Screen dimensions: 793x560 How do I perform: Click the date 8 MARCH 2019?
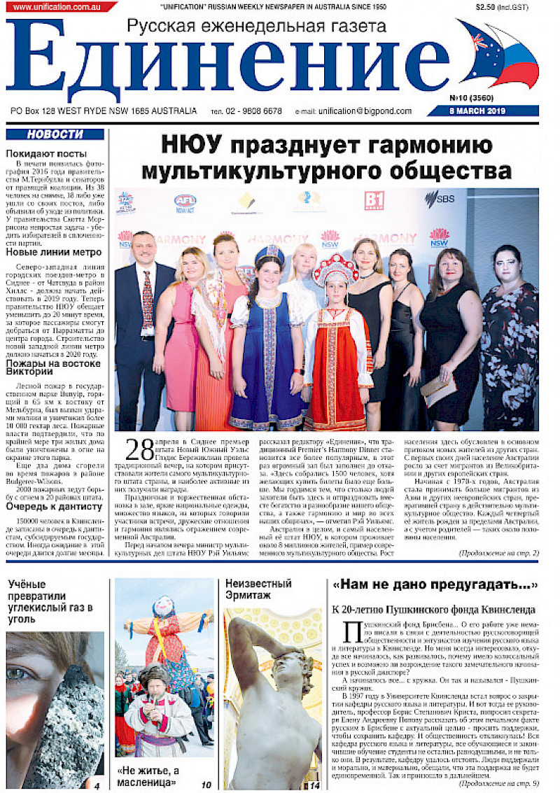point(482,111)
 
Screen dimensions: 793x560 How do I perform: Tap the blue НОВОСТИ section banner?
point(55,134)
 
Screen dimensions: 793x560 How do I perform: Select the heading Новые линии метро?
point(53,253)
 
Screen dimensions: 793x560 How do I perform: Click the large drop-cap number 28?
point(139,451)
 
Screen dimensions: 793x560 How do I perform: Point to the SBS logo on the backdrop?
point(439,199)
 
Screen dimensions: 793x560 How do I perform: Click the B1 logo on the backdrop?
point(374,201)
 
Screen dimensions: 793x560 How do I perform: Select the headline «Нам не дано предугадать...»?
point(435,584)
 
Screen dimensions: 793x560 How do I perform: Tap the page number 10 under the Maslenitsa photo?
point(206,785)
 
